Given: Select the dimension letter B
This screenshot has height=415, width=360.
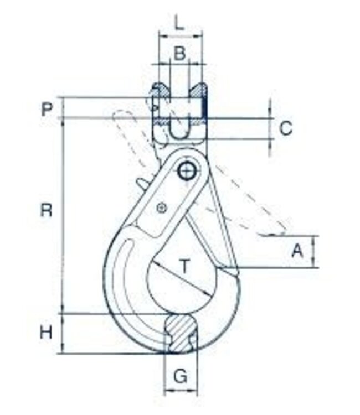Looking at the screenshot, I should [179, 54].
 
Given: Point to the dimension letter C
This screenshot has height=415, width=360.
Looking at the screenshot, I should [285, 128].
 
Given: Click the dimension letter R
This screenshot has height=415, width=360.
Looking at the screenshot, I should [46, 210].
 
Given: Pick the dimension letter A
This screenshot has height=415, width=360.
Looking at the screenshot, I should [297, 251].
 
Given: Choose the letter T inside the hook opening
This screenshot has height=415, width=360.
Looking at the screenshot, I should [186, 266].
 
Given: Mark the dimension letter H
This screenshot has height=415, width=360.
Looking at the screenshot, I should [46, 333].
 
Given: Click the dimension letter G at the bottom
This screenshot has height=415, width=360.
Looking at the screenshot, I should [180, 377].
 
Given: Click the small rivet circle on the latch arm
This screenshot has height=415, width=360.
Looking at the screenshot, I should [162, 208].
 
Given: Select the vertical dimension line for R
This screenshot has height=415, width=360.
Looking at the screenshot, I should [63, 216].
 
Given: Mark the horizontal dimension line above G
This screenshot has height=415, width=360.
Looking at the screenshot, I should [181, 394].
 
